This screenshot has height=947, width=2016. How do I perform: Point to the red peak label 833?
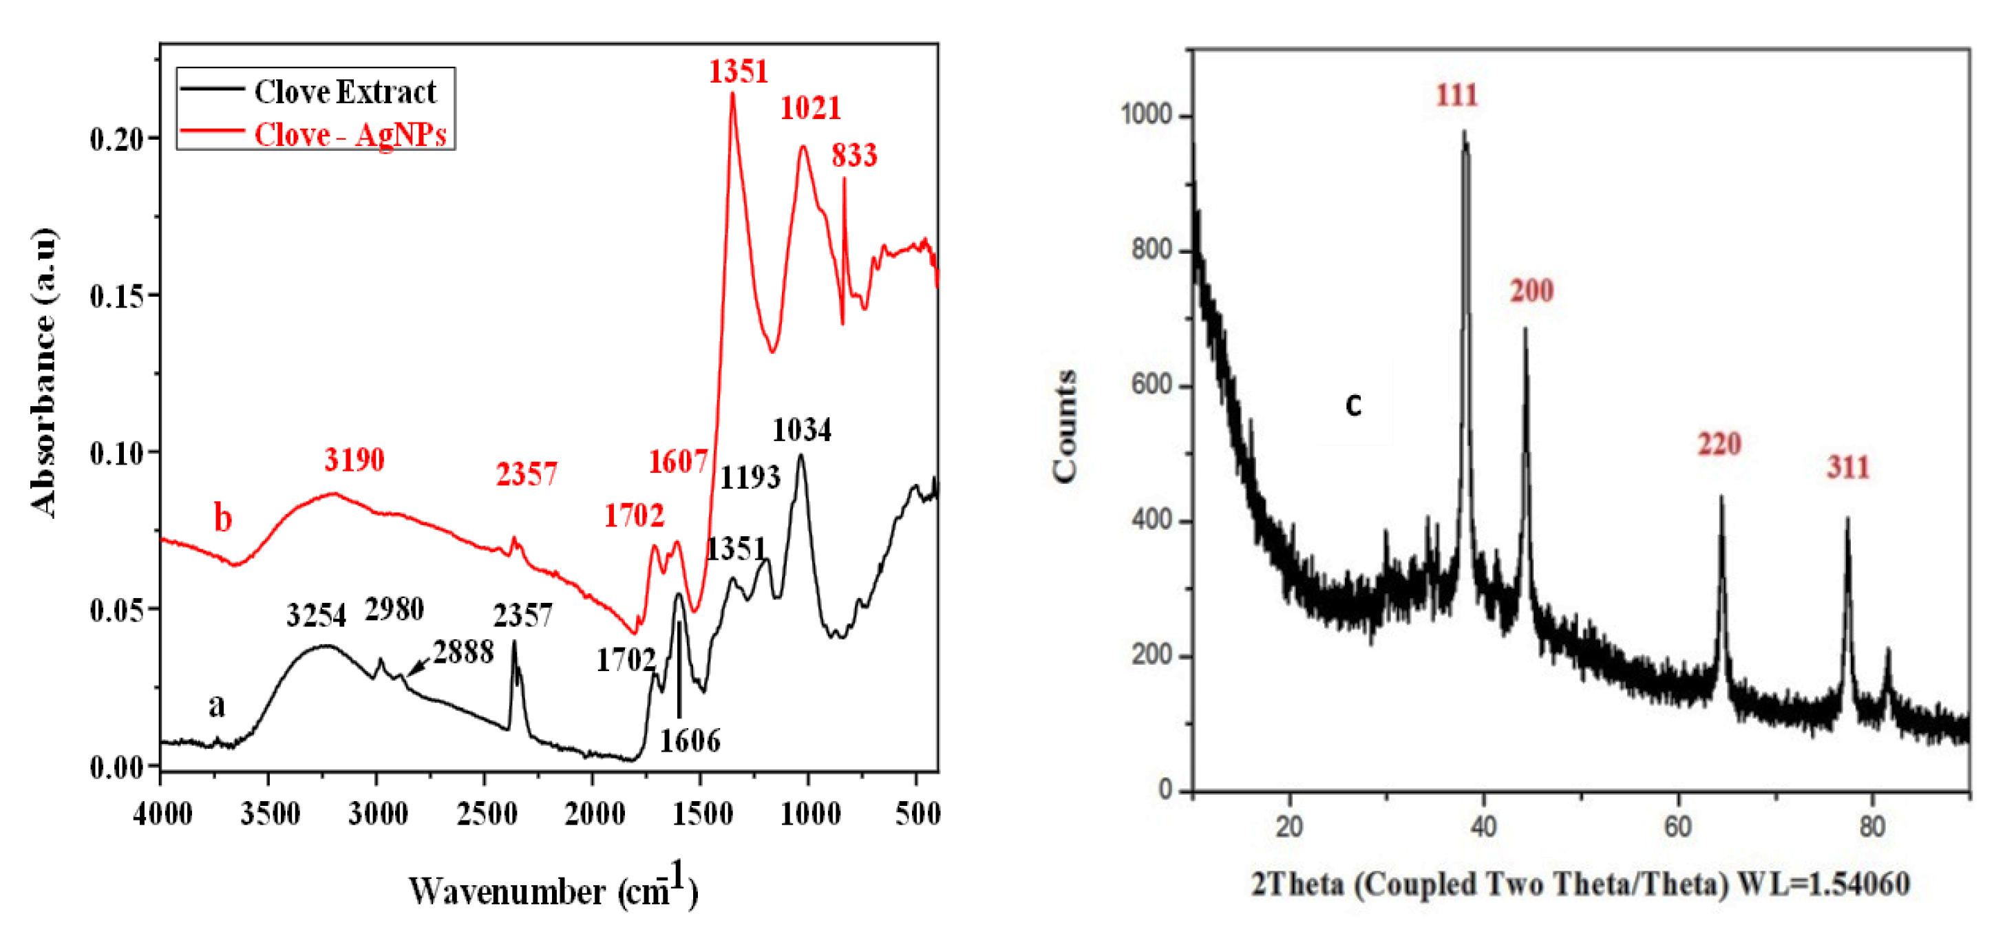(x=854, y=156)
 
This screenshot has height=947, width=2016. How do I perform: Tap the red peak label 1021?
(x=810, y=108)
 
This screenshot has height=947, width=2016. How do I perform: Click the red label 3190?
(x=354, y=460)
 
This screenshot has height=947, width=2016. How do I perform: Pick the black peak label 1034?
(x=801, y=429)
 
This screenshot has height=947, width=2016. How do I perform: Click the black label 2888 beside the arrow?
(x=463, y=652)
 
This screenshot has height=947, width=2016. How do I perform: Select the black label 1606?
(x=690, y=741)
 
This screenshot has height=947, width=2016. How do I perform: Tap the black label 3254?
(x=316, y=616)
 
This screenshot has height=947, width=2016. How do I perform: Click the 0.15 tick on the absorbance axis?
(x=116, y=297)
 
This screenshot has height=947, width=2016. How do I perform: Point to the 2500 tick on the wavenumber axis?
(x=487, y=815)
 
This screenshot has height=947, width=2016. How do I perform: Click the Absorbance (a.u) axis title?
(x=44, y=372)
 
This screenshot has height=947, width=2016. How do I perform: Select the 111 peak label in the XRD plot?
(x=1456, y=96)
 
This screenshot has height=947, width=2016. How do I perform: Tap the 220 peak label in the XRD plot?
(x=1719, y=445)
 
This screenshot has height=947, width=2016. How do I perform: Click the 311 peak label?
(x=1848, y=468)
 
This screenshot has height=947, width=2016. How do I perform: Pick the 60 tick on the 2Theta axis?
(x=1678, y=827)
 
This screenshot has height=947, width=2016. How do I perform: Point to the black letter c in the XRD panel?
(x=1353, y=405)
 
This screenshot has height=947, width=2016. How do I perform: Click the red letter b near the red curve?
(x=223, y=518)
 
